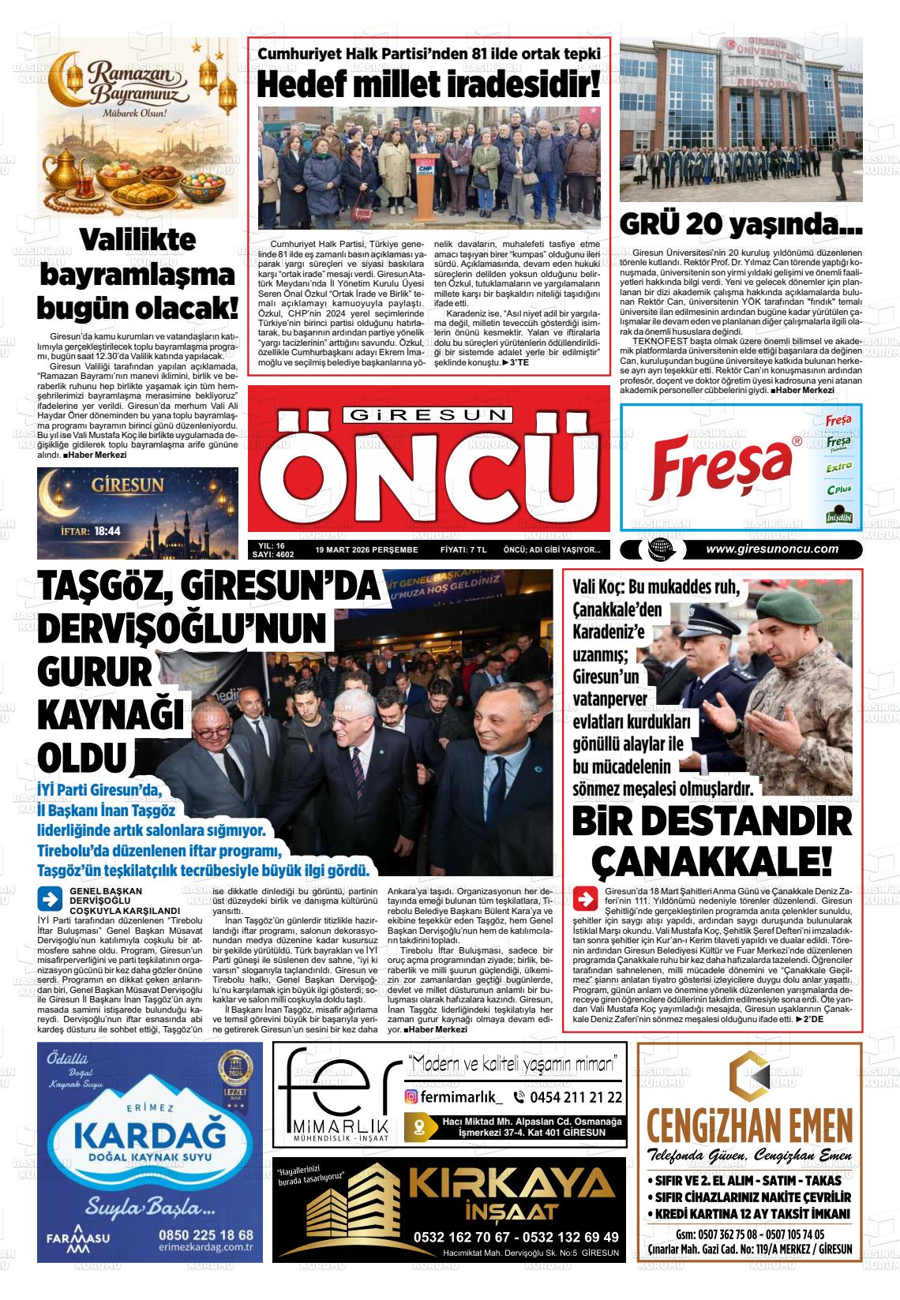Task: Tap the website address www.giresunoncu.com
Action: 772,550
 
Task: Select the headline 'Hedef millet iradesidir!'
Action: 429,84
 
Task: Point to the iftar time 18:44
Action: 107,531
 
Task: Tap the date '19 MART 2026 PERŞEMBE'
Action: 366,550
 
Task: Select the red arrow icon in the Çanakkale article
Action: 587,899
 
